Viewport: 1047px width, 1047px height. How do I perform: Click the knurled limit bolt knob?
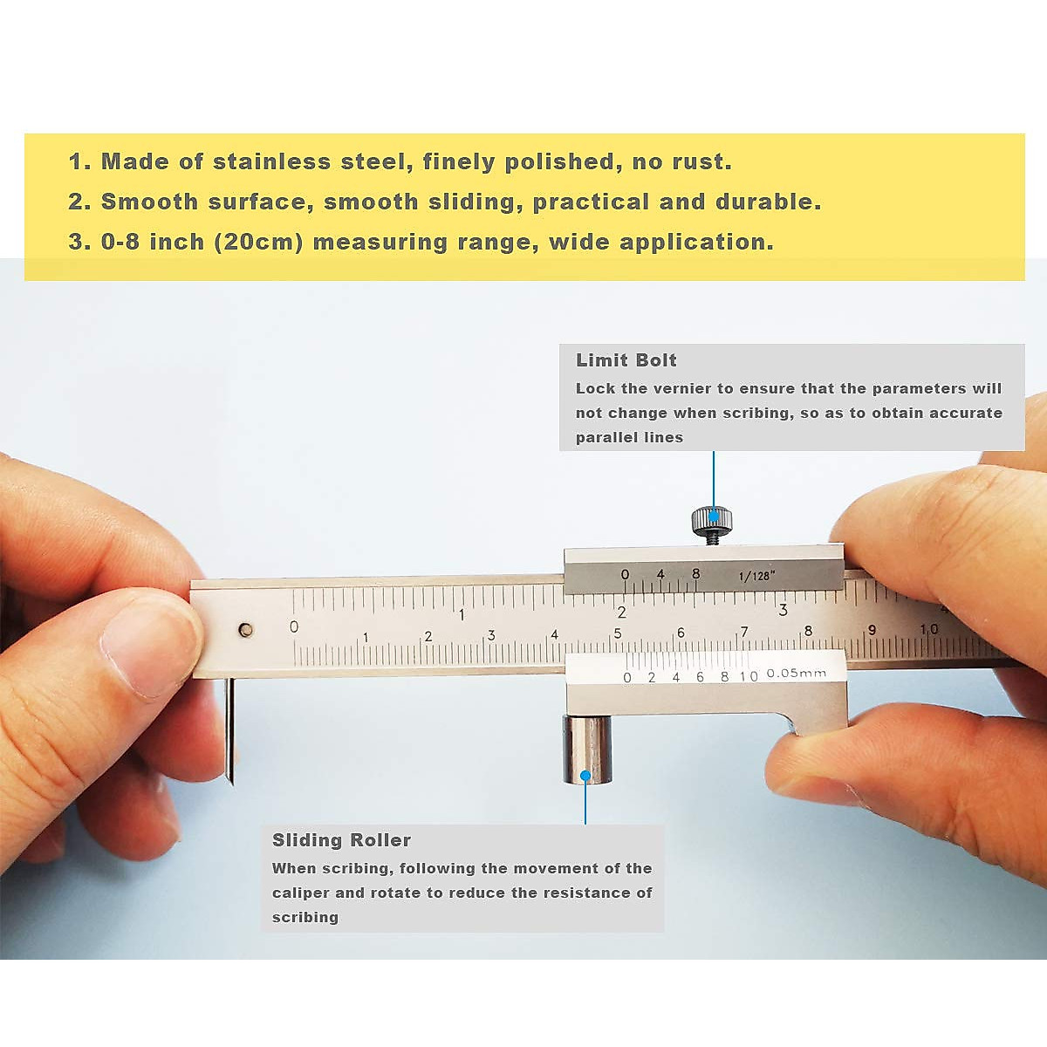712,521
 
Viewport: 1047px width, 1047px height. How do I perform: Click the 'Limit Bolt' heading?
626,360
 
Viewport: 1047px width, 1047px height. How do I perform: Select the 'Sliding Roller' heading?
341,840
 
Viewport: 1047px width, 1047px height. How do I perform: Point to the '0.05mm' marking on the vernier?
796,674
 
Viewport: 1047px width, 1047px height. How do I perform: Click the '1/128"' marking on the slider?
756,576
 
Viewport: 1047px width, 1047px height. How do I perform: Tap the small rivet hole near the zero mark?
246,629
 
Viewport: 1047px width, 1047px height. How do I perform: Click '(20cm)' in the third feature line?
258,242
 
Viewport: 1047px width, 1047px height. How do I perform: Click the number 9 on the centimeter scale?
871,630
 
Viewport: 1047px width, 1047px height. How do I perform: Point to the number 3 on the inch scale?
783,610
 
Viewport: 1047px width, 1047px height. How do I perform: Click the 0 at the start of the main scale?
294,626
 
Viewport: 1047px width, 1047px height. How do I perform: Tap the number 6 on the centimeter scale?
681,633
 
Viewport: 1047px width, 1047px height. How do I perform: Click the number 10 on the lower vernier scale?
749,676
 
